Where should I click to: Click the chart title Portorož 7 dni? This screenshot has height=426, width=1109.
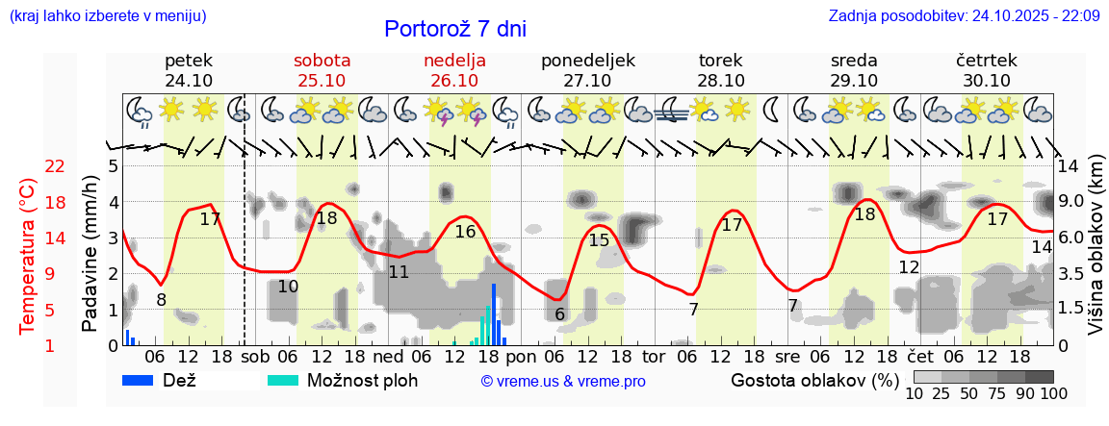454,29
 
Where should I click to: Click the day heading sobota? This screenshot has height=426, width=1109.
322,61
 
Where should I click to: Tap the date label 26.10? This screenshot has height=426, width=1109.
454,81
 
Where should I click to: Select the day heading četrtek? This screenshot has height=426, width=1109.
986,61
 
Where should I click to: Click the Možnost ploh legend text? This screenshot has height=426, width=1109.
362,381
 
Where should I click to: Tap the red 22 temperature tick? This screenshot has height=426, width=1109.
55,166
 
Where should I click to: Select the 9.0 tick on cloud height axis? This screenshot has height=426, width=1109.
1072,202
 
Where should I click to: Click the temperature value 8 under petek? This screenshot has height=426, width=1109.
161,300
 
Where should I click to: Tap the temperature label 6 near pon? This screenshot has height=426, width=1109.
559,314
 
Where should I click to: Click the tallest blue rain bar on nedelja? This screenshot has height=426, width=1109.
494,313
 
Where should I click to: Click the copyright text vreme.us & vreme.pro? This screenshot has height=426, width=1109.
563,382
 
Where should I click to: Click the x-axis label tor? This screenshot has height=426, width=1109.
654,357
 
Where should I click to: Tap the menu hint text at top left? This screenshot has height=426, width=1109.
108,16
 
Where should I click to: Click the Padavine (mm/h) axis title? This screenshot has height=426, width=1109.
90,254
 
